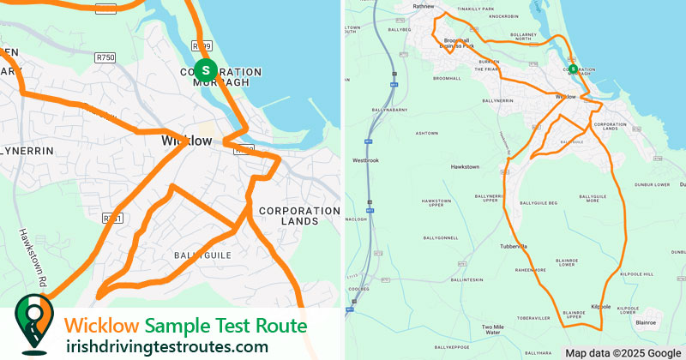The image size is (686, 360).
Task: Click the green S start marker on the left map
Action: click(204, 69)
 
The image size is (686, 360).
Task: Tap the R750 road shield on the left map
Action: click(105, 57)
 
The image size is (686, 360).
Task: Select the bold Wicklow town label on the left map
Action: click(187, 141)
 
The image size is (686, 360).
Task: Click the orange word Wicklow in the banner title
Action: click(102, 326)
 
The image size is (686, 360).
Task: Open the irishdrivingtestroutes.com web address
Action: click(166, 346)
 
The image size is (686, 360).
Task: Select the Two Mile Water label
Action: click(493, 328)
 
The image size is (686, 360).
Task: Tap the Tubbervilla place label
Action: click(513, 246)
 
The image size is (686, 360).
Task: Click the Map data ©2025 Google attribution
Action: click(623, 353)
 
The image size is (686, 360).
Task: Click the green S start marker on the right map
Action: click(572, 69)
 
